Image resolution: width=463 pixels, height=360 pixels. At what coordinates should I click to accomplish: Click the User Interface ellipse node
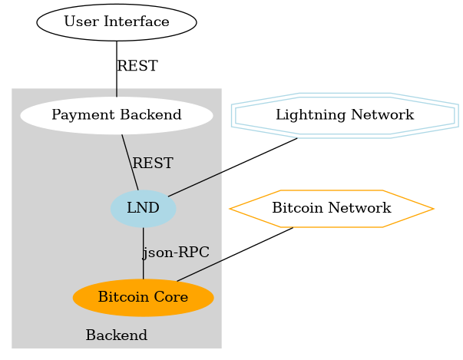116,21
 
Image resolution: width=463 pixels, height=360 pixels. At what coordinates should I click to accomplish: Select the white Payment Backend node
116,115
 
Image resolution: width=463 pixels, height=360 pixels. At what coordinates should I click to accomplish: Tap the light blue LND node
143,208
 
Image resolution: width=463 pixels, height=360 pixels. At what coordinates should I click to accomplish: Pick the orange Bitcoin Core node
143,297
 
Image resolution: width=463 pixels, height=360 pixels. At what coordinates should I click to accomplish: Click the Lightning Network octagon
345,115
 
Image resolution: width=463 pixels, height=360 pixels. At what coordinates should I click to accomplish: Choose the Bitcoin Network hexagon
332,208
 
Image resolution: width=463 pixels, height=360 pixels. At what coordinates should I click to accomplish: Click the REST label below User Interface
137,67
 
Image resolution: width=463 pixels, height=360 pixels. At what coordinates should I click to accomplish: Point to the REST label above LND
152,163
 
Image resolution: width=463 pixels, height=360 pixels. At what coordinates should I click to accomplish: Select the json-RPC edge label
176,253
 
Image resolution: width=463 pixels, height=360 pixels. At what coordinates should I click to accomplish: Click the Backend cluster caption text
116,336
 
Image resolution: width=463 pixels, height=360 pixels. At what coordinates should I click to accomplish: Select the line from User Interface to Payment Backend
117,77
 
